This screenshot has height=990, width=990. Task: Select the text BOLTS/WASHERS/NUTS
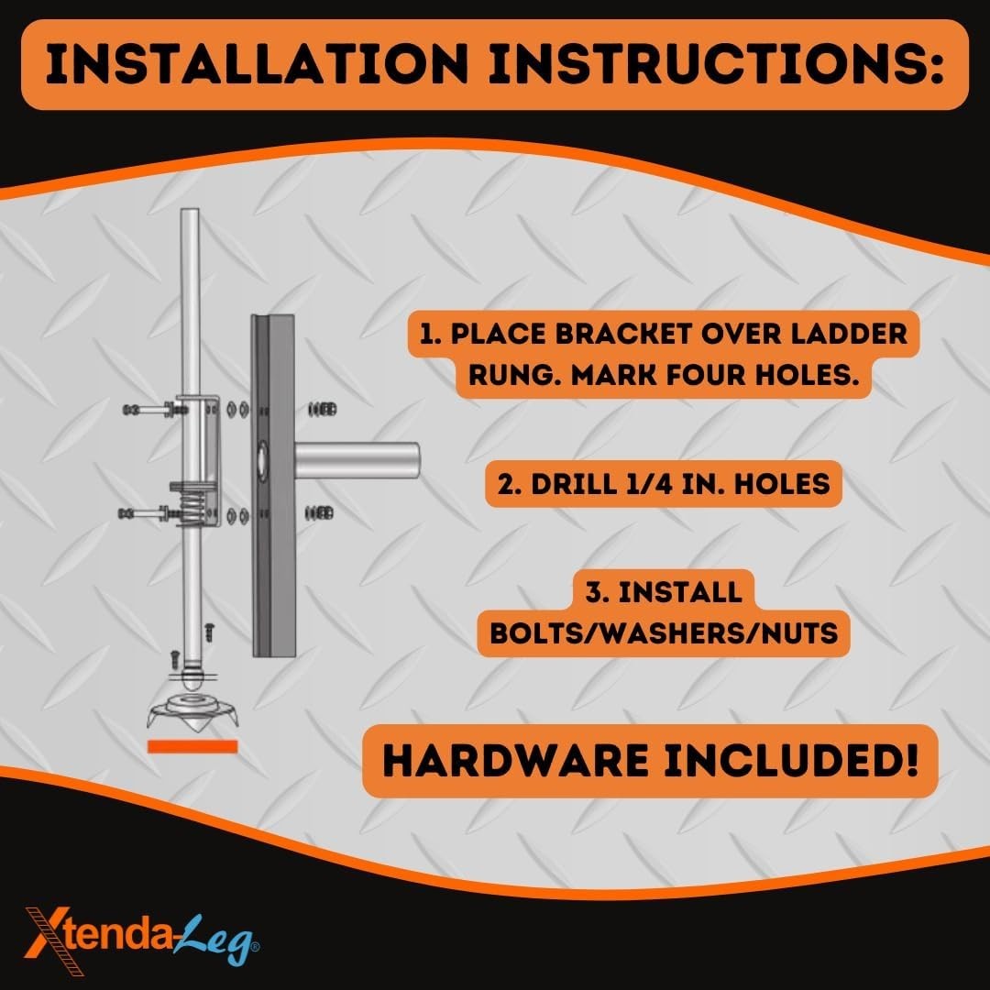[664, 633]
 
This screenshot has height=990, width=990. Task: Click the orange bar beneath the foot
[192, 746]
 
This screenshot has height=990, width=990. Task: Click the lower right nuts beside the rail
[322, 511]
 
